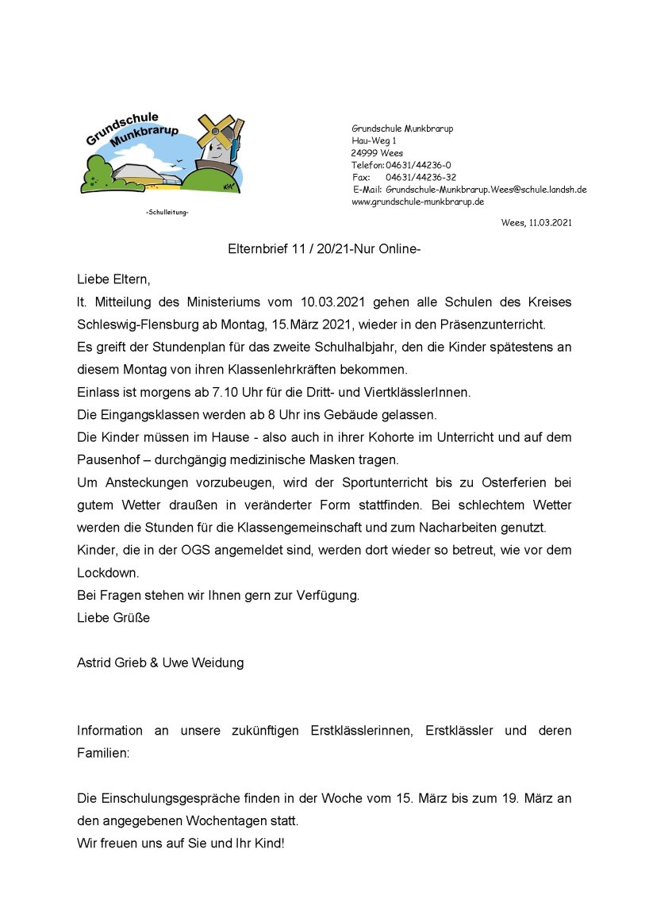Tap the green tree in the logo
[98, 174]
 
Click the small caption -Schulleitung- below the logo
[167, 213]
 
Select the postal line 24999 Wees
[377, 153]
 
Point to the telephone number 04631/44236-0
[418, 165]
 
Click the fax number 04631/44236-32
[421, 177]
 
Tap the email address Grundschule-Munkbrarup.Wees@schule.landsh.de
[486, 190]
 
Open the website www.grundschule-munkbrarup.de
[417, 202]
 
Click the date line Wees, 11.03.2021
[536, 223]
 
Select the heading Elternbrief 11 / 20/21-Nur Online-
[324, 250]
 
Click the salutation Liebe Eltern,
[113, 279]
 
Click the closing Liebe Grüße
[113, 617]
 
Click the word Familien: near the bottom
[103, 752]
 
